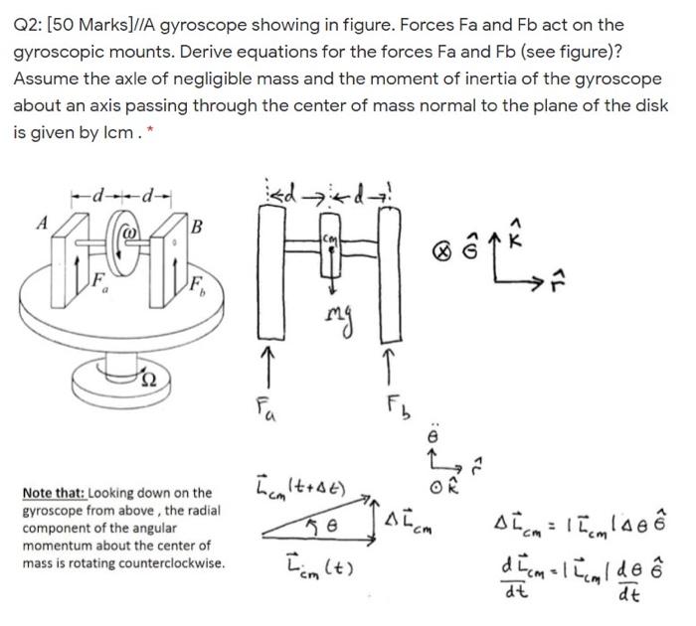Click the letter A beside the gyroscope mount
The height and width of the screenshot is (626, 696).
point(42,224)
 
